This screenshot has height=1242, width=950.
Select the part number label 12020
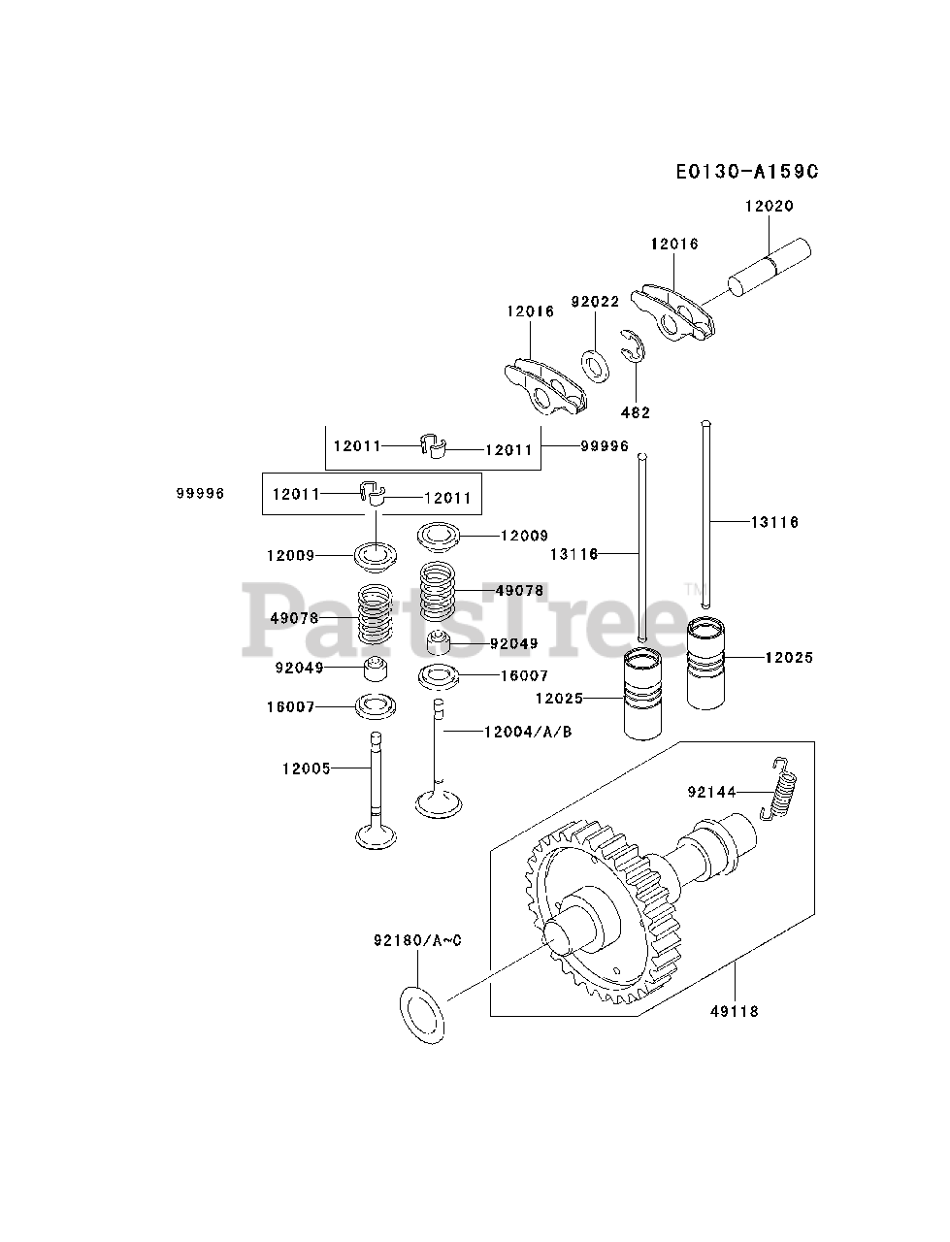[769, 206]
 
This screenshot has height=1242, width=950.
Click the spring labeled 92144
[782, 788]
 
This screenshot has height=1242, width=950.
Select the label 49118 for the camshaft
[735, 1011]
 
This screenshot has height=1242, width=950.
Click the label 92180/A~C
[417, 940]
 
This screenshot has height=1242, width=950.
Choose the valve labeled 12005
[374, 791]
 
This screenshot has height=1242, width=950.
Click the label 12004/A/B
[527, 731]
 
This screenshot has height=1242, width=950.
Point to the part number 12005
[307, 768]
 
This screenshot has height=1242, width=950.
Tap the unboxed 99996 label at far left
[200, 493]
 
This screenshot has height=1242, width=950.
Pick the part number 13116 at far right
[774, 522]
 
